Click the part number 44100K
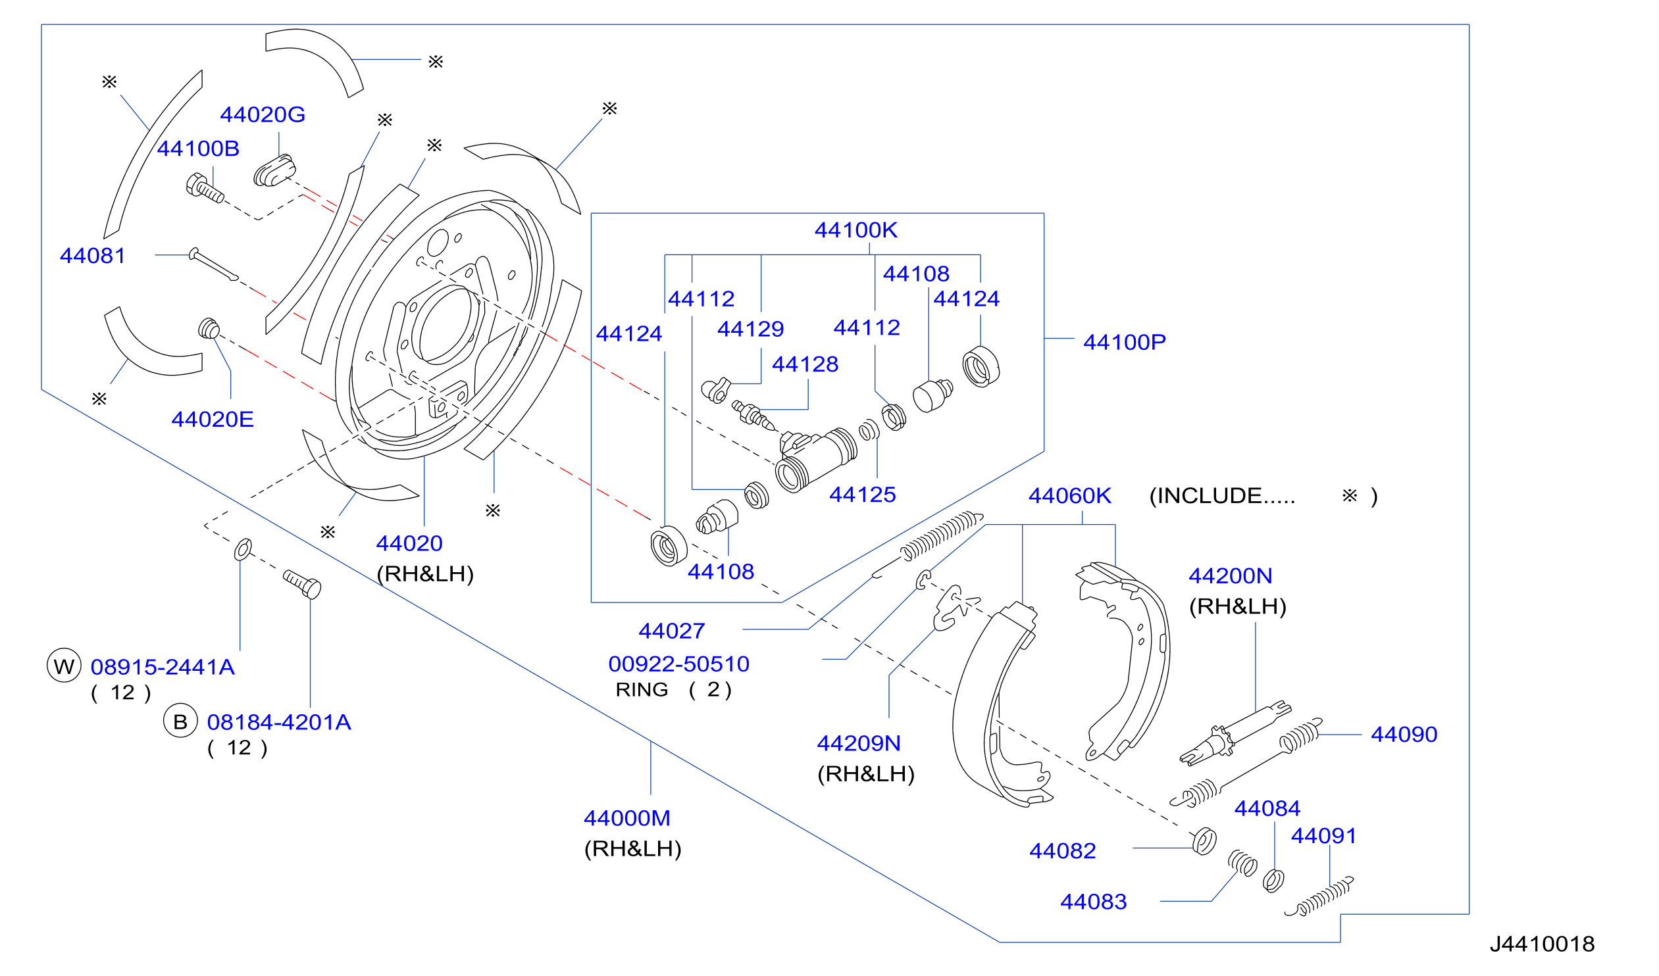(856, 230)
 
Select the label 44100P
(1125, 342)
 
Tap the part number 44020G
(263, 114)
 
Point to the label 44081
(93, 255)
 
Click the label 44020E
(213, 419)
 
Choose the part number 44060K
(1070, 496)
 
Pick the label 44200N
(1231, 576)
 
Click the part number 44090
(1404, 735)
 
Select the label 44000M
(627, 818)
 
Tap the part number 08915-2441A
(163, 668)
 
